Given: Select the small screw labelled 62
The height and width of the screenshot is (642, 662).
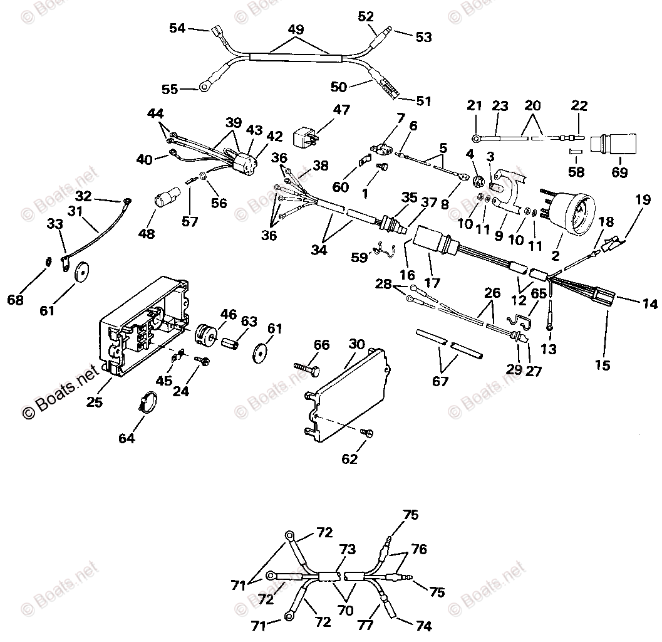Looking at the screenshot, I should pos(367,433).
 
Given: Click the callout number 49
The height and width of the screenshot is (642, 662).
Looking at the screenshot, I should pos(296,29).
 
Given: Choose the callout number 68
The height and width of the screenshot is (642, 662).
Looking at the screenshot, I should pos(15,300).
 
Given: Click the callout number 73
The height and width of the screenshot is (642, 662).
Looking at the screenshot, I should pos(347,550).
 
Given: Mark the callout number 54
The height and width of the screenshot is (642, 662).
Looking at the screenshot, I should pos(177,28).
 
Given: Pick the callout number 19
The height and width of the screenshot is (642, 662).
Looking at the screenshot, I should pos(643,201).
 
